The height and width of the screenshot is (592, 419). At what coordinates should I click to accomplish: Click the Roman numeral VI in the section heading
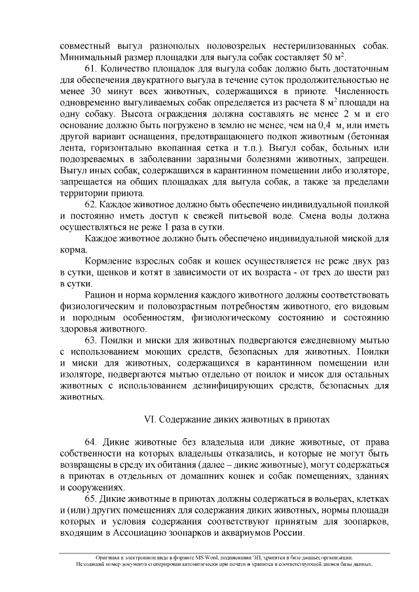click(149, 418)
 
